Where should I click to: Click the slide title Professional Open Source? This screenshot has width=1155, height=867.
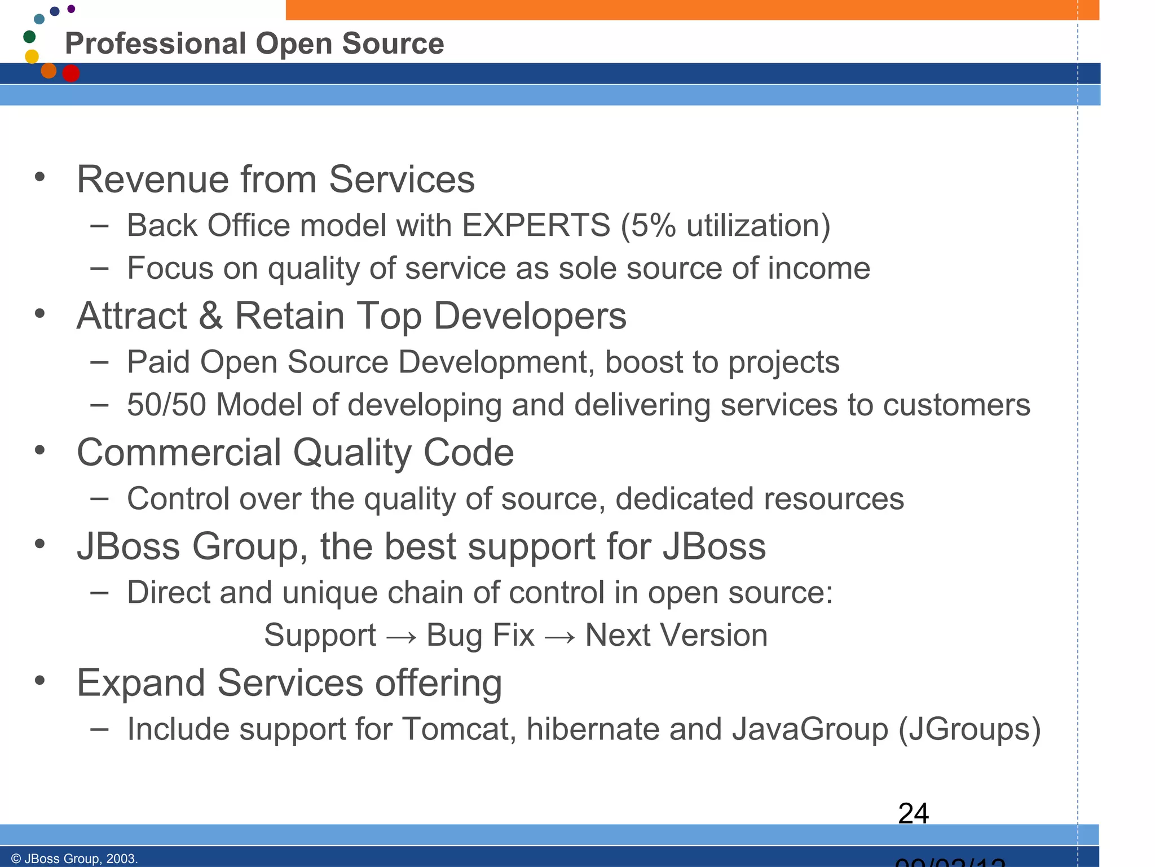(254, 43)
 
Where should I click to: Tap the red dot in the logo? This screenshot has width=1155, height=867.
(71, 73)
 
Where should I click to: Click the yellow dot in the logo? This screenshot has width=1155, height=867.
(32, 56)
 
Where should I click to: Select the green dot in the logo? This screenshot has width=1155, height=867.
(29, 37)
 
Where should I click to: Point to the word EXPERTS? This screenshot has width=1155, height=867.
(536, 225)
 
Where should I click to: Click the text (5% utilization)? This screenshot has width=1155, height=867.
(725, 225)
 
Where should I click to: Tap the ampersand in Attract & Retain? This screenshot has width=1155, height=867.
(210, 316)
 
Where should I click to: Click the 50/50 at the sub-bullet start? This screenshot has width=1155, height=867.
(166, 405)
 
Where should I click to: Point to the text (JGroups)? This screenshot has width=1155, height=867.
(969, 729)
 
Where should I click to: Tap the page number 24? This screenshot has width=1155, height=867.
(913, 813)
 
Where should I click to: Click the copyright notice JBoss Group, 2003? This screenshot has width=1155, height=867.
(74, 859)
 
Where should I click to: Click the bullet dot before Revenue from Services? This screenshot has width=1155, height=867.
(39, 177)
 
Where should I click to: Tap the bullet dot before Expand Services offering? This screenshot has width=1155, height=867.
(39, 680)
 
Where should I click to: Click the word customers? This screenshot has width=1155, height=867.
(956, 405)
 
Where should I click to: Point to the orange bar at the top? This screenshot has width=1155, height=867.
(693, 10)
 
